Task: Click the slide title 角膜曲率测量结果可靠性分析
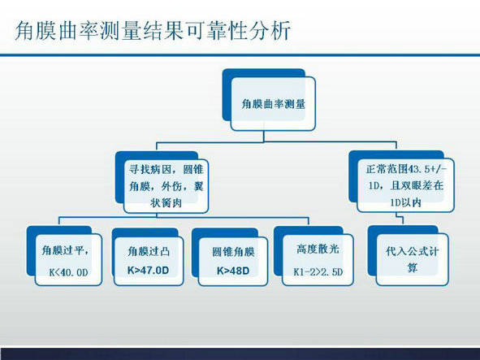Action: [x=153, y=30]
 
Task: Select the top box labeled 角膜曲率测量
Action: [x=273, y=103]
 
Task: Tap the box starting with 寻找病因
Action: [x=166, y=186]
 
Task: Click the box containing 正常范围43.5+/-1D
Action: [x=405, y=185]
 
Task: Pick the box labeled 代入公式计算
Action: [x=412, y=260]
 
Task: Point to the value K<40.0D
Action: [x=68, y=272]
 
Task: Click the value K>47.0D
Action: [x=148, y=271]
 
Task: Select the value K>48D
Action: [x=233, y=271]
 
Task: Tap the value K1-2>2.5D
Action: [x=318, y=271]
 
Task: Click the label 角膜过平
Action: [x=63, y=250]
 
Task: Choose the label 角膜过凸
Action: [x=149, y=251]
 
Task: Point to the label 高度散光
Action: [x=318, y=249]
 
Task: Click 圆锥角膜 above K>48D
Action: [x=233, y=252]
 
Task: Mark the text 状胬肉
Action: [x=166, y=202]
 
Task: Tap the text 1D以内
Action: [x=405, y=202]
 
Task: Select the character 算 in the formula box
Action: [x=412, y=268]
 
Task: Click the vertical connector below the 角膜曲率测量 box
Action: [x=264, y=137]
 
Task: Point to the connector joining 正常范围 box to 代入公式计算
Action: [x=400, y=219]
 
